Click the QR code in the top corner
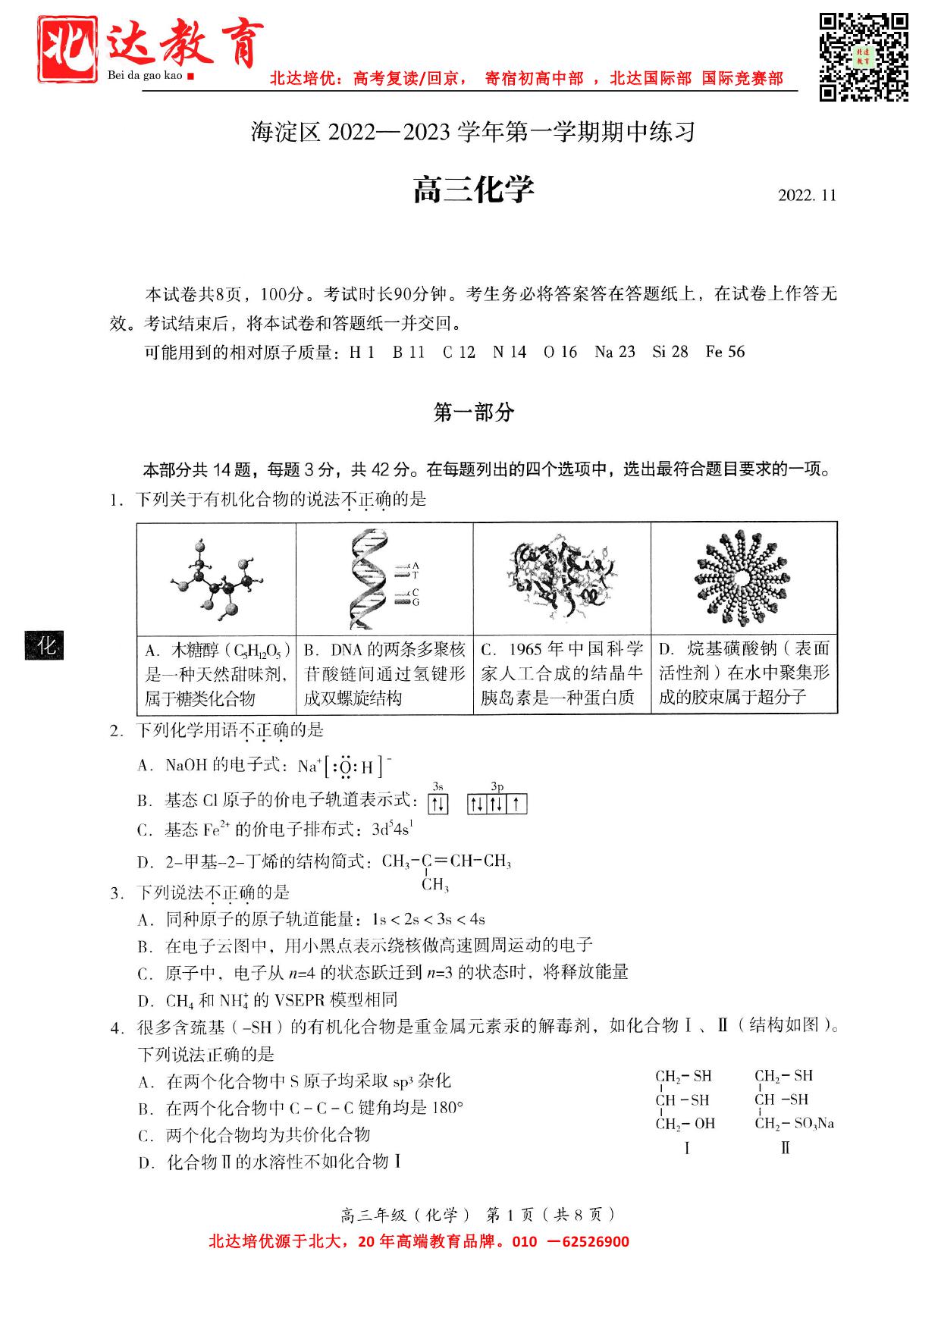pos(864,56)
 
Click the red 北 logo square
pos(67,49)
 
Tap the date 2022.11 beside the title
pos(807,196)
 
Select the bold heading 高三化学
pos(473,190)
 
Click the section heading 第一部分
pos(473,412)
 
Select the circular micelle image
pos(744,578)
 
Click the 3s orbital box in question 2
pos(438,804)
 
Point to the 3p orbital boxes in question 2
pos(497,804)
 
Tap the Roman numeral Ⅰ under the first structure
pos(686,1148)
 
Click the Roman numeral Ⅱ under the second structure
pos(785,1148)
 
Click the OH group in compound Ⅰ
pos(704,1124)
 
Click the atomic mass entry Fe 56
pos(725,352)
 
